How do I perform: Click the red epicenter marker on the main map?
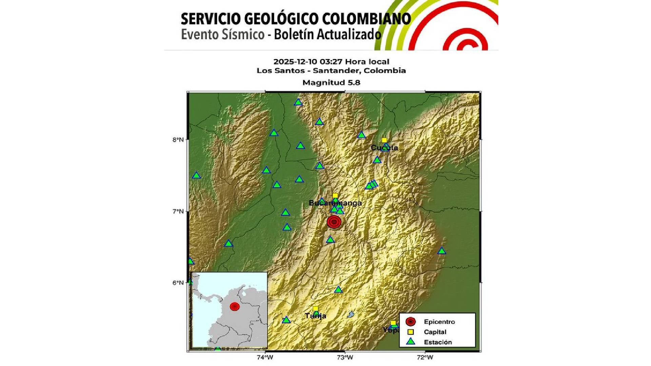[334, 222]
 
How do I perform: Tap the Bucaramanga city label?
[335, 203]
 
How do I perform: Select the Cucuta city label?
[384, 147]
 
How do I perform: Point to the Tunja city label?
[315, 316]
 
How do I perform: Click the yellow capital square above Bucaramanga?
[335, 196]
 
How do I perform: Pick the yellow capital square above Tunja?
[315, 308]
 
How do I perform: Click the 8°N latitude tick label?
[178, 140]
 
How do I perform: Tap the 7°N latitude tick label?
[178, 211]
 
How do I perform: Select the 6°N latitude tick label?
[178, 283]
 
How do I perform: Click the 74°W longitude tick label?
[265, 357]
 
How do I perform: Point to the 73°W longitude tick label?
[345, 357]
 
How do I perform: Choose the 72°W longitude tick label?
[425, 357]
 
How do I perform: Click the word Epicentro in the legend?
[439, 322]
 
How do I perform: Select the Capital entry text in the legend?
[435, 332]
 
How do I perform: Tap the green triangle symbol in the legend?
[411, 342]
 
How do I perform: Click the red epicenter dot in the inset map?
[235, 307]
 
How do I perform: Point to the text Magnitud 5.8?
[331, 82]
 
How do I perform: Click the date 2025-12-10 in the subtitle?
[295, 62]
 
